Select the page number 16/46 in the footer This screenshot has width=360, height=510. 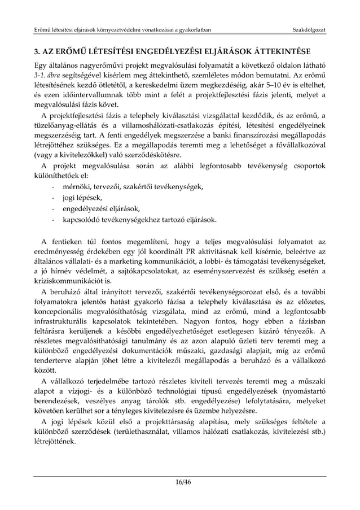(180, 481)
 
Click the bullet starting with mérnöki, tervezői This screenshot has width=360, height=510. (133, 186)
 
